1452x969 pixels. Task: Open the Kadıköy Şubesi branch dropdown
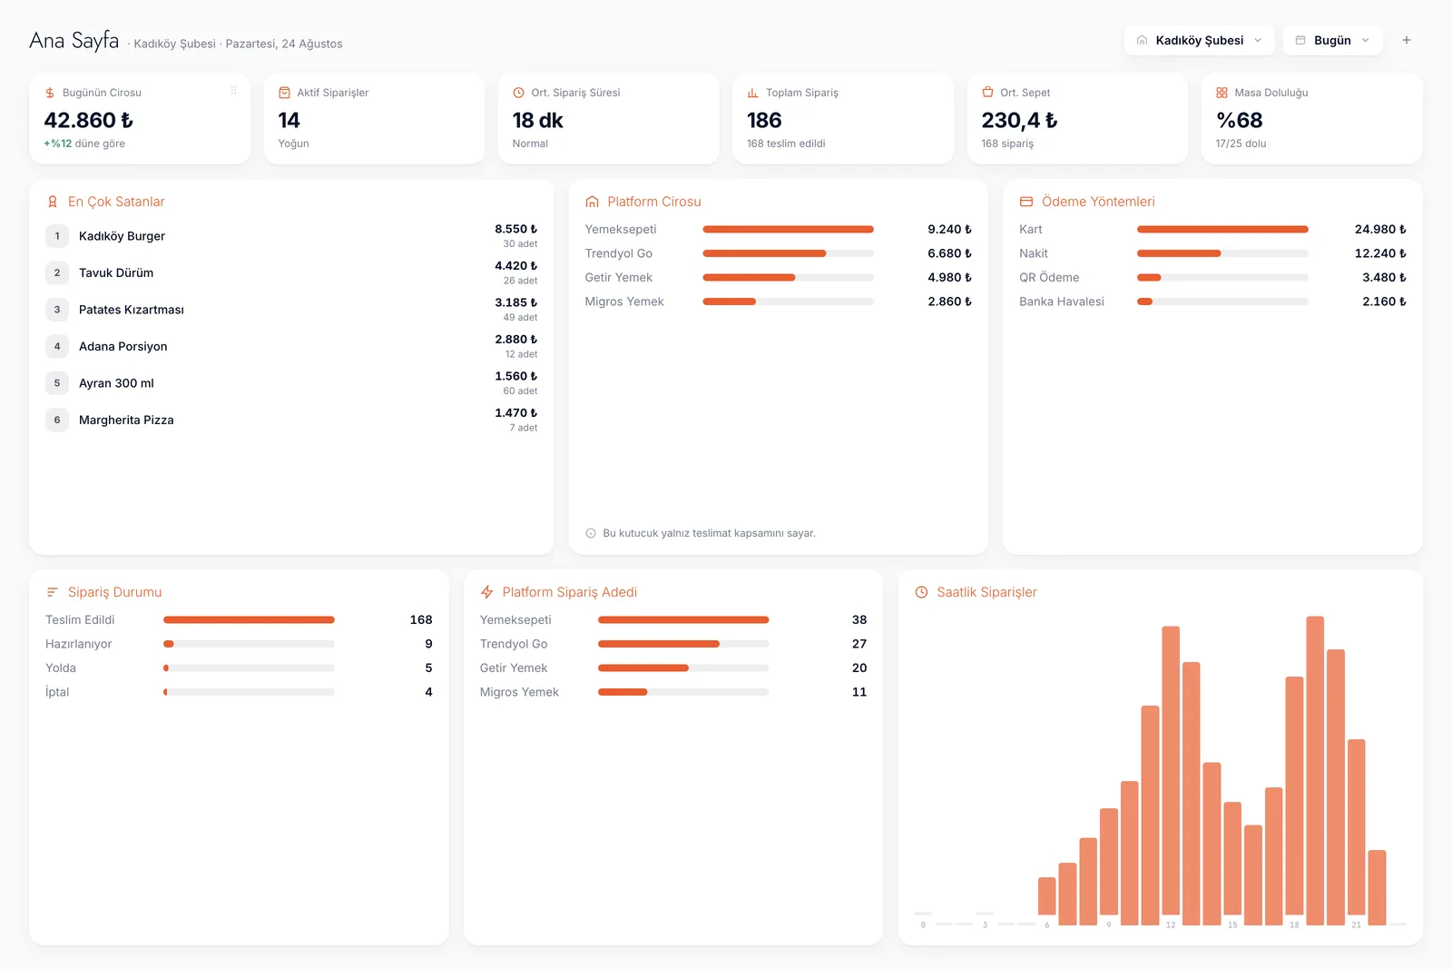click(x=1199, y=40)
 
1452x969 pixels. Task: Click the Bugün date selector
click(x=1332, y=40)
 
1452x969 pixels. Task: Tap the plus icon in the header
click(x=1406, y=40)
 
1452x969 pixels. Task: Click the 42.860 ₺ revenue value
click(x=88, y=120)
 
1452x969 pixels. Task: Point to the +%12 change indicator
click(x=58, y=143)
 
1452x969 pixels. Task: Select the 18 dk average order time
click(x=537, y=120)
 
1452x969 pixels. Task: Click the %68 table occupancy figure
click(x=1239, y=120)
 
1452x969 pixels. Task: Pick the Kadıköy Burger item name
click(x=122, y=236)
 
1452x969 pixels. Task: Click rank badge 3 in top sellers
click(x=57, y=310)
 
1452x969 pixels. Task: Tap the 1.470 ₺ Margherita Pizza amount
click(x=516, y=412)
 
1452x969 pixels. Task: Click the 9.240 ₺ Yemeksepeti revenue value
click(x=949, y=229)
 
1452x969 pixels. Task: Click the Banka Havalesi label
click(x=1061, y=302)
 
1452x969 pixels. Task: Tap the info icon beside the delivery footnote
click(x=591, y=533)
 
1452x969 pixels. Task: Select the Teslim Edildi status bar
click(x=249, y=620)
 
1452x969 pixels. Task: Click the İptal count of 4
click(x=428, y=692)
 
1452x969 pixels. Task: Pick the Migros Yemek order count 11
click(x=858, y=692)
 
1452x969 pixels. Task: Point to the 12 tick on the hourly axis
click(x=1170, y=925)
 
